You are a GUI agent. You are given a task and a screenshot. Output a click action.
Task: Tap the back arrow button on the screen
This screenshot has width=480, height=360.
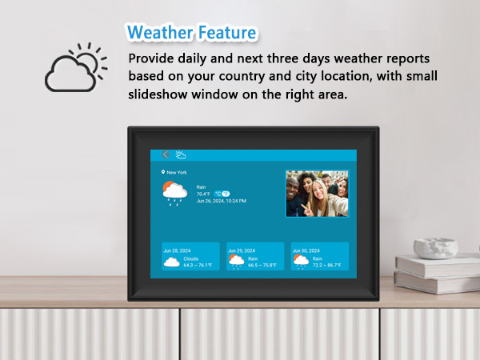(x=166, y=154)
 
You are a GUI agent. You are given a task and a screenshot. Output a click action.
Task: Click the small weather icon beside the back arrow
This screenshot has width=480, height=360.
(x=181, y=154)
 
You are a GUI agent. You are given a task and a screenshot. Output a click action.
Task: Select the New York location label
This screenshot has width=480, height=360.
(x=174, y=172)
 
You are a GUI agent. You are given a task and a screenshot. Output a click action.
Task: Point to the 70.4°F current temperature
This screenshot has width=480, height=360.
(x=203, y=194)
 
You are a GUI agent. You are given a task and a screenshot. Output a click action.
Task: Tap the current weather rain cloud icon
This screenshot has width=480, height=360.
(x=174, y=193)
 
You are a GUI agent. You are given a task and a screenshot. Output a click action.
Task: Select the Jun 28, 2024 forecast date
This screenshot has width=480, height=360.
(x=176, y=250)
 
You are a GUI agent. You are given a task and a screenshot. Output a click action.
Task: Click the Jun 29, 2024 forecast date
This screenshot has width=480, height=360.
(x=241, y=250)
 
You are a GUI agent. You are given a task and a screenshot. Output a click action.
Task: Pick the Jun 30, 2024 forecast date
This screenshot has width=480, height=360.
(x=306, y=250)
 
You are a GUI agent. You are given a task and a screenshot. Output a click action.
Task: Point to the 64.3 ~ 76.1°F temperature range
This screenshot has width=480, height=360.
(x=198, y=265)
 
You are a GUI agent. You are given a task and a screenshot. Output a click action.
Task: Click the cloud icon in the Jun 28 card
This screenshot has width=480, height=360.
(x=171, y=262)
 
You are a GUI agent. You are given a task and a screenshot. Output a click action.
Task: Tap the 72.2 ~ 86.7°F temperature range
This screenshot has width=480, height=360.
(x=327, y=265)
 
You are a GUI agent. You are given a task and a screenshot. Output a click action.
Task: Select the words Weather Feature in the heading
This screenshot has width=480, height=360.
(x=192, y=33)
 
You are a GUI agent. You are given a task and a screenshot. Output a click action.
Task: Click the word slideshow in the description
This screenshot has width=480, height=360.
(x=158, y=94)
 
